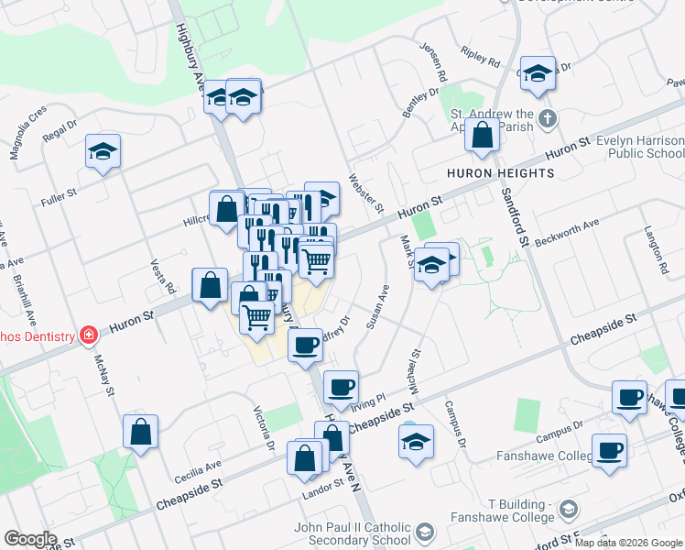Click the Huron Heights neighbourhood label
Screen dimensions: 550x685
(500, 173)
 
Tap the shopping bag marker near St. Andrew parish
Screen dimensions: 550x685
(482, 136)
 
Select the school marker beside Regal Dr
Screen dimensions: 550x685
(103, 152)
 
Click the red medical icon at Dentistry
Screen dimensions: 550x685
(87, 335)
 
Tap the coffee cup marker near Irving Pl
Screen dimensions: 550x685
(341, 388)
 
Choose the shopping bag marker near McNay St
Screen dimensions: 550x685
(140, 432)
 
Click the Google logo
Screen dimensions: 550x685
(30, 539)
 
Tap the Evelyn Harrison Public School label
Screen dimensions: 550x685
(640, 147)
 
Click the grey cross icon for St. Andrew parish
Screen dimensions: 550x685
(547, 118)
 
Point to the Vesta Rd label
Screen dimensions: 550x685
(164, 276)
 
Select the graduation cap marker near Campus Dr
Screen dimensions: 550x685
(416, 441)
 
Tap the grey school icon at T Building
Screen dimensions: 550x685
(568, 510)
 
